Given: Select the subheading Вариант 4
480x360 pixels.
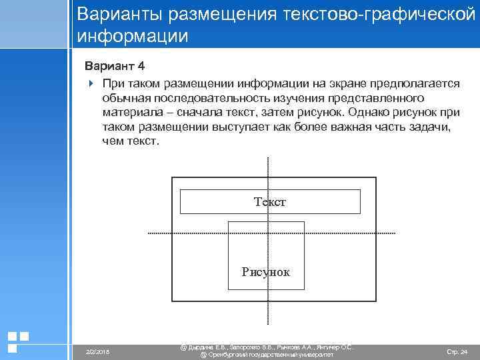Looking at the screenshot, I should tap(113, 67).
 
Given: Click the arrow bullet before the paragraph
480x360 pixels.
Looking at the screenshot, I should tap(91, 83).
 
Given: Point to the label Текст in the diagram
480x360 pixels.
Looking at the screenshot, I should tap(270, 201).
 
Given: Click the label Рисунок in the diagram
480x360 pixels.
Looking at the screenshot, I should tap(266, 272).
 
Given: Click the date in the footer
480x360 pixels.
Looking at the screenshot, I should tap(98, 351).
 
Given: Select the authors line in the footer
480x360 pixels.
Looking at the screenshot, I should tap(267, 347).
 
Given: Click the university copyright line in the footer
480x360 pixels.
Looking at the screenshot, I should tap(267, 355).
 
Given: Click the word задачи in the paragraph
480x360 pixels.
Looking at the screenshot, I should tap(434, 127).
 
